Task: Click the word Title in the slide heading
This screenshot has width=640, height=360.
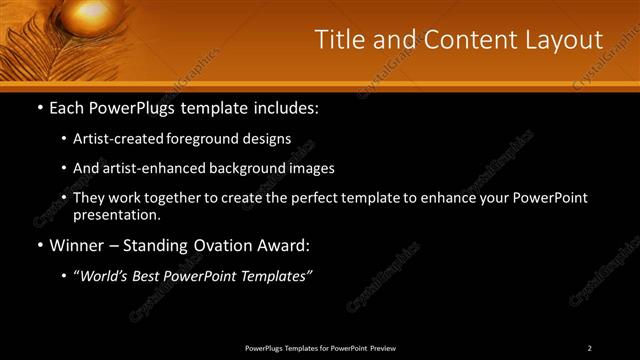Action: pyautogui.click(x=339, y=40)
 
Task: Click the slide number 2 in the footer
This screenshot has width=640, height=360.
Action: pyautogui.click(x=590, y=348)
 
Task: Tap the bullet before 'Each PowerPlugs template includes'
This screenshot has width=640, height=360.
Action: pyautogui.click(x=39, y=106)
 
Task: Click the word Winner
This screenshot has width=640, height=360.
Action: pyautogui.click(x=76, y=245)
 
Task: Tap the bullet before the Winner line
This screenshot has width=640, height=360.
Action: pyautogui.click(x=39, y=245)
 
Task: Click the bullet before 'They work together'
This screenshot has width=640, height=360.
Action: pyautogui.click(x=64, y=198)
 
